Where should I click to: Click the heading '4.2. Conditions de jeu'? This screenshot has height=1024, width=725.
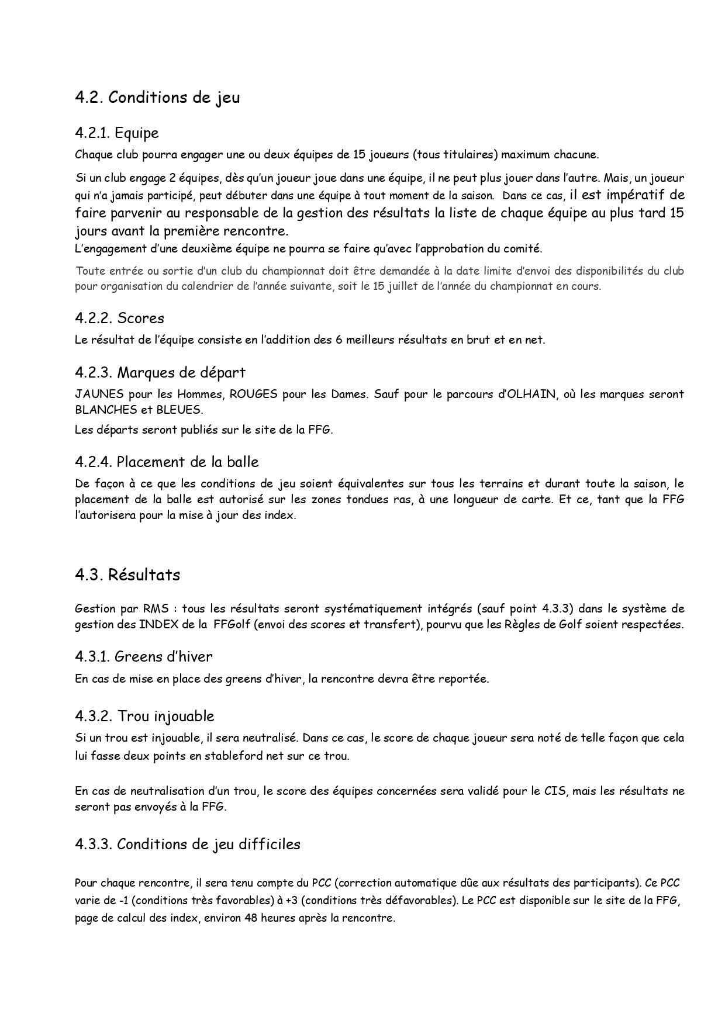pos(157,98)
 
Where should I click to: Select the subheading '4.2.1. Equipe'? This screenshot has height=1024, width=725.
pos(117,133)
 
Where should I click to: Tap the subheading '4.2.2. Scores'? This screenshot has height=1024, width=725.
pos(119,319)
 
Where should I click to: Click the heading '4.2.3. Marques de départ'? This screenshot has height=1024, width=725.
pos(160,372)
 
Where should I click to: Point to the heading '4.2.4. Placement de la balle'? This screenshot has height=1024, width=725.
pos(167,462)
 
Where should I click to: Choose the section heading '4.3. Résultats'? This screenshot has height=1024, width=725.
pos(127,575)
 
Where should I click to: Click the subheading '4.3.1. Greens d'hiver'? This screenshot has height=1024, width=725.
pos(144,657)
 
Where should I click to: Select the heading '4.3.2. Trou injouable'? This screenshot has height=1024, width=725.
pos(144,717)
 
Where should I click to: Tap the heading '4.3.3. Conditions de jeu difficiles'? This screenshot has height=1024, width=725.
pos(188,845)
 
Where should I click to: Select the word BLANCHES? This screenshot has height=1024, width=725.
pos(105,410)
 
